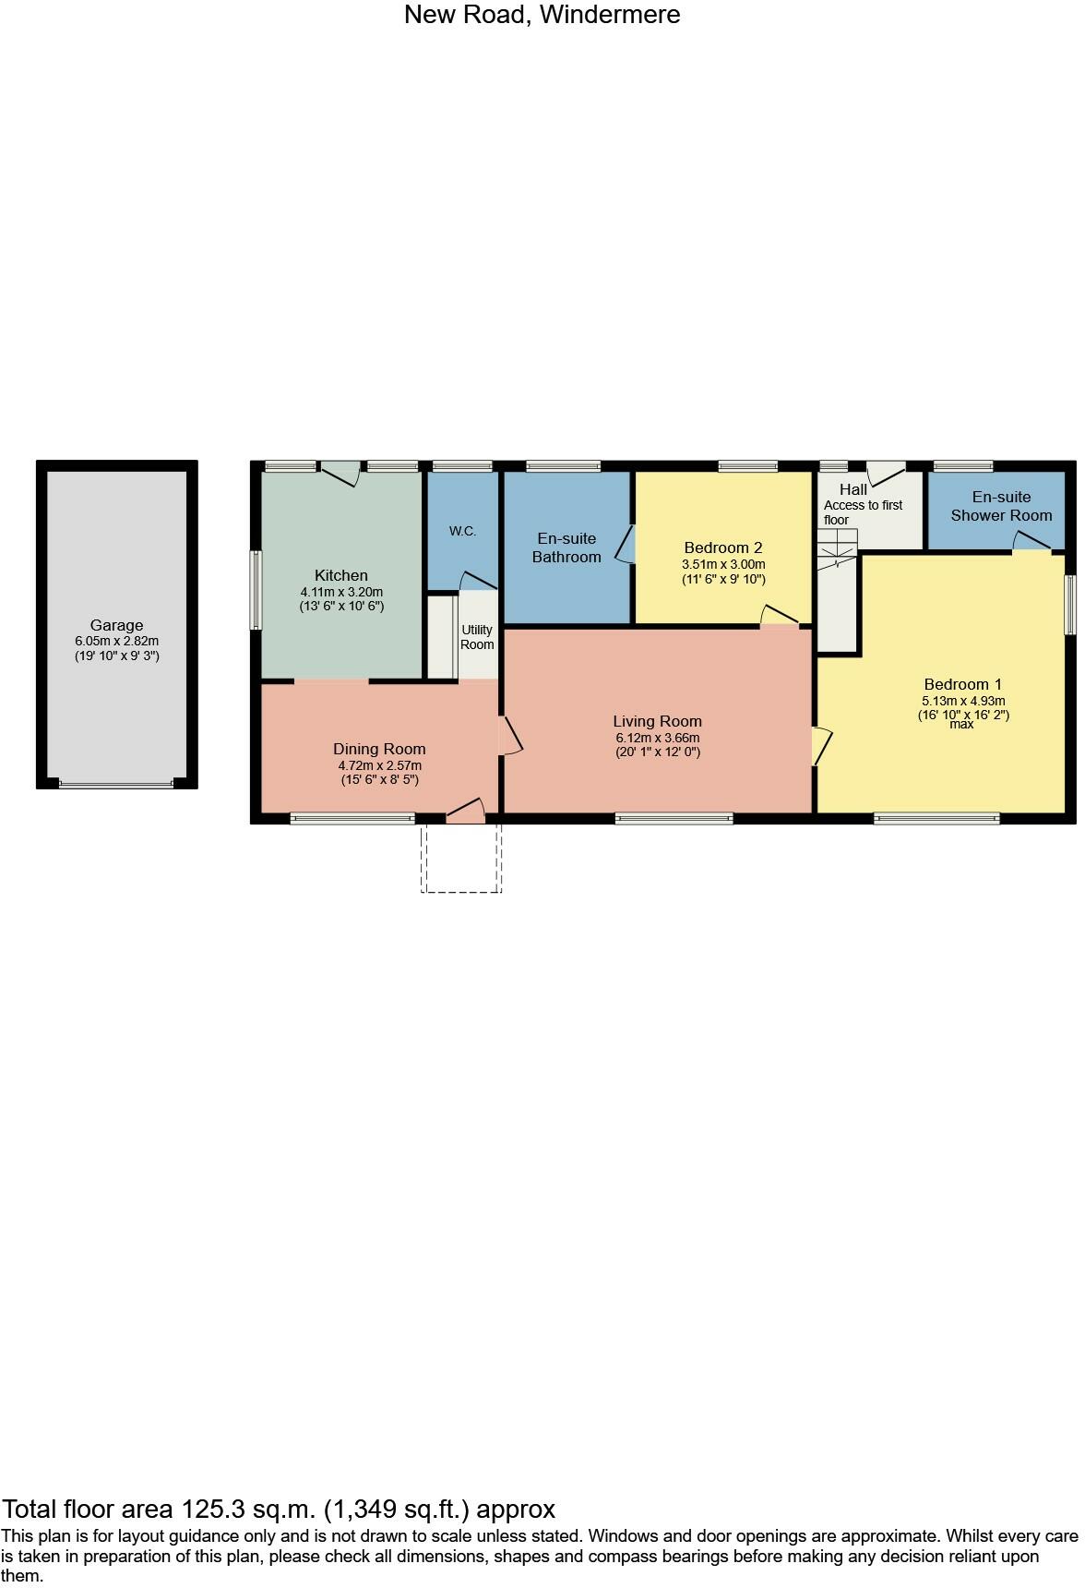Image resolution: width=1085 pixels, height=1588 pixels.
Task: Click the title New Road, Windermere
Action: [x=542, y=15]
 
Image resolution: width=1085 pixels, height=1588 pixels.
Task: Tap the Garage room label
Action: [x=116, y=625]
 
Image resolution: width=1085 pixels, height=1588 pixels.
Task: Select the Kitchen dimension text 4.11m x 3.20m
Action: [x=341, y=592]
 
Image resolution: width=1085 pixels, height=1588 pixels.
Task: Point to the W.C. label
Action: [x=462, y=531]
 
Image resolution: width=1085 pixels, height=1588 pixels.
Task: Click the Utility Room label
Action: [x=477, y=637]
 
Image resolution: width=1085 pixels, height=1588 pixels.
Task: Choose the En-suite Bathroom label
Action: [x=566, y=547]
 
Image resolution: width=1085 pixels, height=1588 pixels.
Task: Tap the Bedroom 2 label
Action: [x=723, y=547]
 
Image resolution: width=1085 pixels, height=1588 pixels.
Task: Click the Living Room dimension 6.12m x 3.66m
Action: [x=658, y=738]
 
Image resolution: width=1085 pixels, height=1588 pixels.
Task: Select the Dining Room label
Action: [x=379, y=749]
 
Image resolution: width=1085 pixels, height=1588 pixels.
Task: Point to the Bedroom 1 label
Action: [x=962, y=684]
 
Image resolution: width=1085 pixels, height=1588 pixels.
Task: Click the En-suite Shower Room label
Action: [x=1001, y=506]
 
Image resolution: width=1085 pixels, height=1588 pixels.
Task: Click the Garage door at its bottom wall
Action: [x=116, y=785]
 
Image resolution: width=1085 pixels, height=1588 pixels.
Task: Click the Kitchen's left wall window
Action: [x=256, y=590]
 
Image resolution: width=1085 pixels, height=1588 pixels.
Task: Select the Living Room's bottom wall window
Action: [x=674, y=818]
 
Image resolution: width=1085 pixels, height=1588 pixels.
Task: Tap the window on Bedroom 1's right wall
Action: [x=1070, y=605]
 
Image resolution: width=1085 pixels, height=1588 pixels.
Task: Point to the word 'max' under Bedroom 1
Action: [x=962, y=725]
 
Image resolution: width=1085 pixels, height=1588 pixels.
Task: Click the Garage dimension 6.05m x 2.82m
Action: [x=116, y=641]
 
